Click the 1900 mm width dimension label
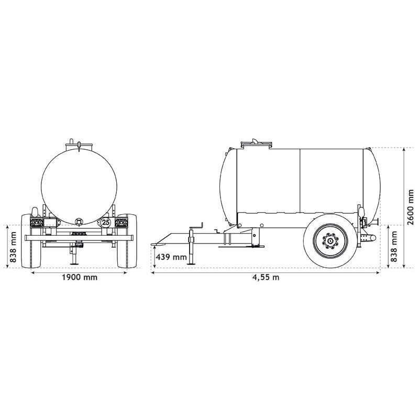pos(79,278)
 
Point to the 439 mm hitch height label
pos(172,257)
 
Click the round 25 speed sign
pos(106,222)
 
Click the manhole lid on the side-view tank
pos(256,143)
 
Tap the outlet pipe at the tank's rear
pos(370,238)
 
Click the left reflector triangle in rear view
pos(38,223)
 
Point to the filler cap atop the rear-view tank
pos(79,144)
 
